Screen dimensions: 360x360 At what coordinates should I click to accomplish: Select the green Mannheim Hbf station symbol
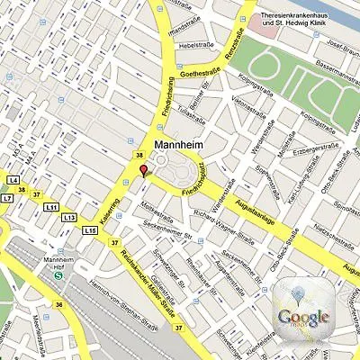click(58, 276)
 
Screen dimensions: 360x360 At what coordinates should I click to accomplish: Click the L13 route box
click(69, 218)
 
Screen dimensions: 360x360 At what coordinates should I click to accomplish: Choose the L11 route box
click(50, 207)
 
